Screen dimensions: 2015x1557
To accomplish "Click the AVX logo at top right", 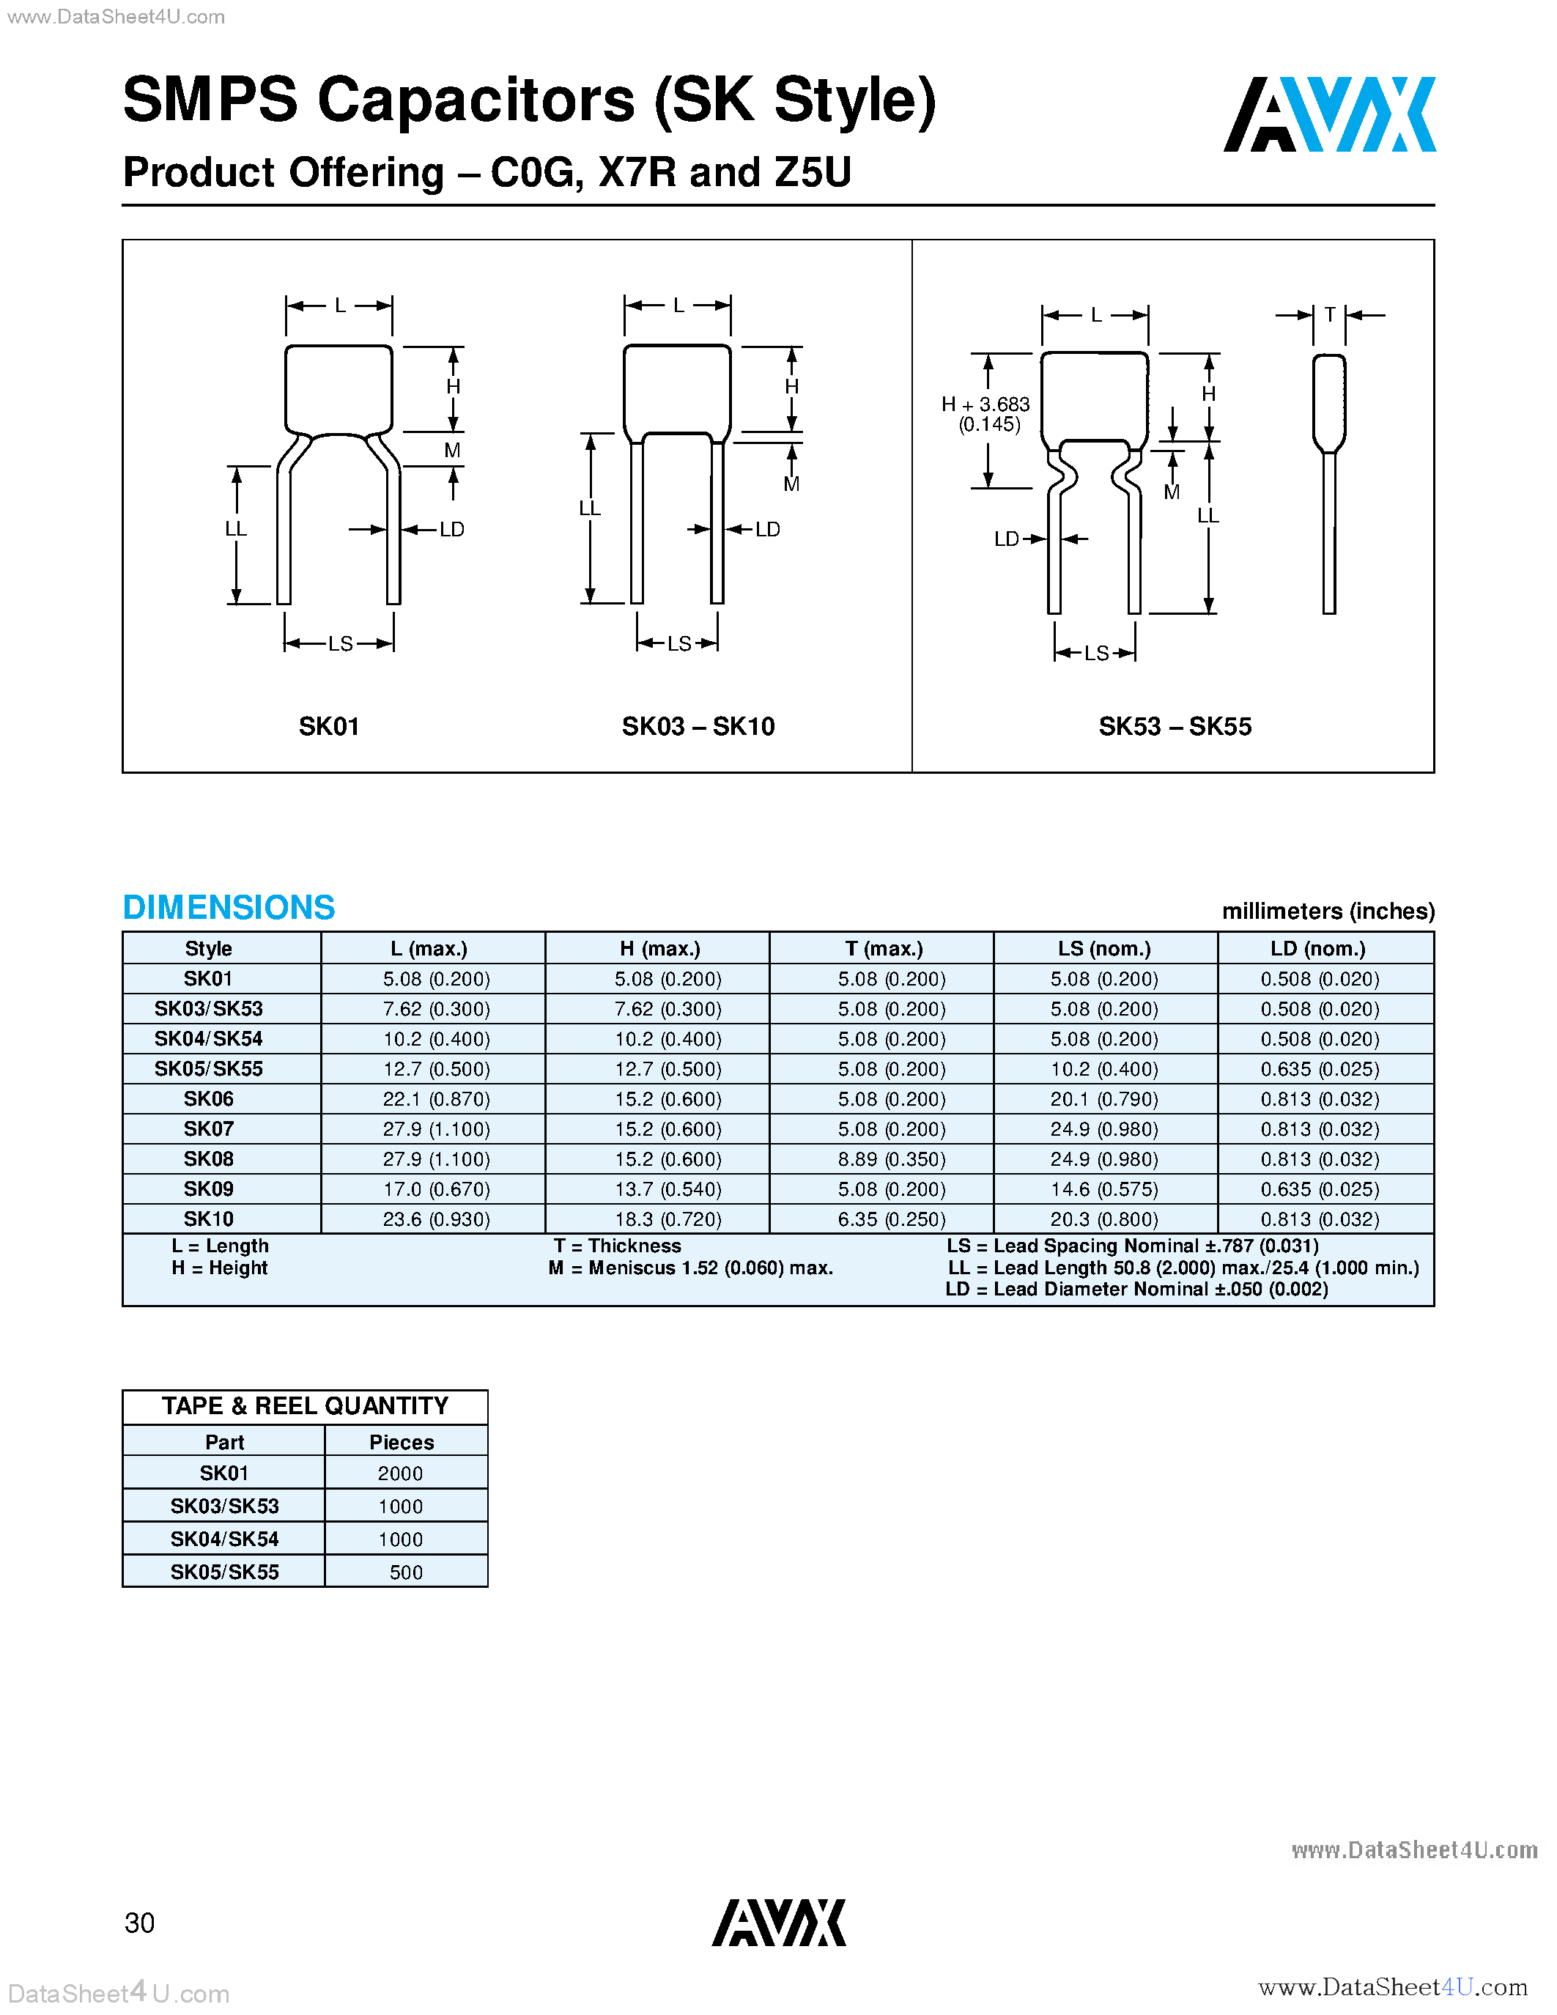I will point(1328,114).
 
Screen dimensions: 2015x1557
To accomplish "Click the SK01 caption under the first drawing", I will point(328,726).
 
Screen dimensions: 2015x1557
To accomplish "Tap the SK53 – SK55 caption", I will point(1175,726).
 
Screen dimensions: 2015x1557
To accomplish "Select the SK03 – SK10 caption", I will point(698,726).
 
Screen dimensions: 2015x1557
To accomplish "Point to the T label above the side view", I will point(1329,314).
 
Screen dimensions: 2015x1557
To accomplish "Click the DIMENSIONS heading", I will point(229,907).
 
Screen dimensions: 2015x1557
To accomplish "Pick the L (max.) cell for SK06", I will point(435,1099).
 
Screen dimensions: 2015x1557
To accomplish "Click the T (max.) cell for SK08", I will point(891,1159).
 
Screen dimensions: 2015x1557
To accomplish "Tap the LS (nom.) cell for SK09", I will point(1103,1189).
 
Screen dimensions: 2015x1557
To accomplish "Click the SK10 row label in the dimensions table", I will point(209,1219).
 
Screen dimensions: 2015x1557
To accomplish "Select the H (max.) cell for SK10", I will point(667,1219).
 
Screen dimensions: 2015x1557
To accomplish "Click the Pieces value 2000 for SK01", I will point(400,1474).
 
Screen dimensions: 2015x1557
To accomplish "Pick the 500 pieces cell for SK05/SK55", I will point(406,1572).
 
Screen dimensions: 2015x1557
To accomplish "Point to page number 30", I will point(139,1923).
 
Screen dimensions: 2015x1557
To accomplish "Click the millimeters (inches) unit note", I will point(1328,912).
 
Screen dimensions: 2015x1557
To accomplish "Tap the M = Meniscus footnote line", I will point(690,1268).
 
